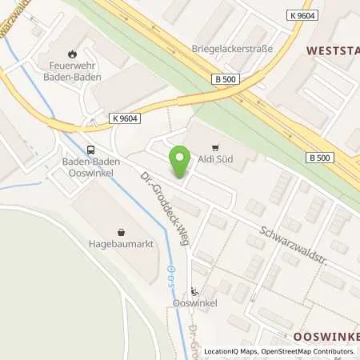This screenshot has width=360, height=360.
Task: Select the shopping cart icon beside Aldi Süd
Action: (214, 147)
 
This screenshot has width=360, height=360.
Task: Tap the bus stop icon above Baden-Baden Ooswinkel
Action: (91, 149)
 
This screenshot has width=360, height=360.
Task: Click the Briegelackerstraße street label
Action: (232, 48)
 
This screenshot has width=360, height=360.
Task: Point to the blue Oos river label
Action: (169, 277)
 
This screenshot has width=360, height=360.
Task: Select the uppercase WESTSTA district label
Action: (333, 50)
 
